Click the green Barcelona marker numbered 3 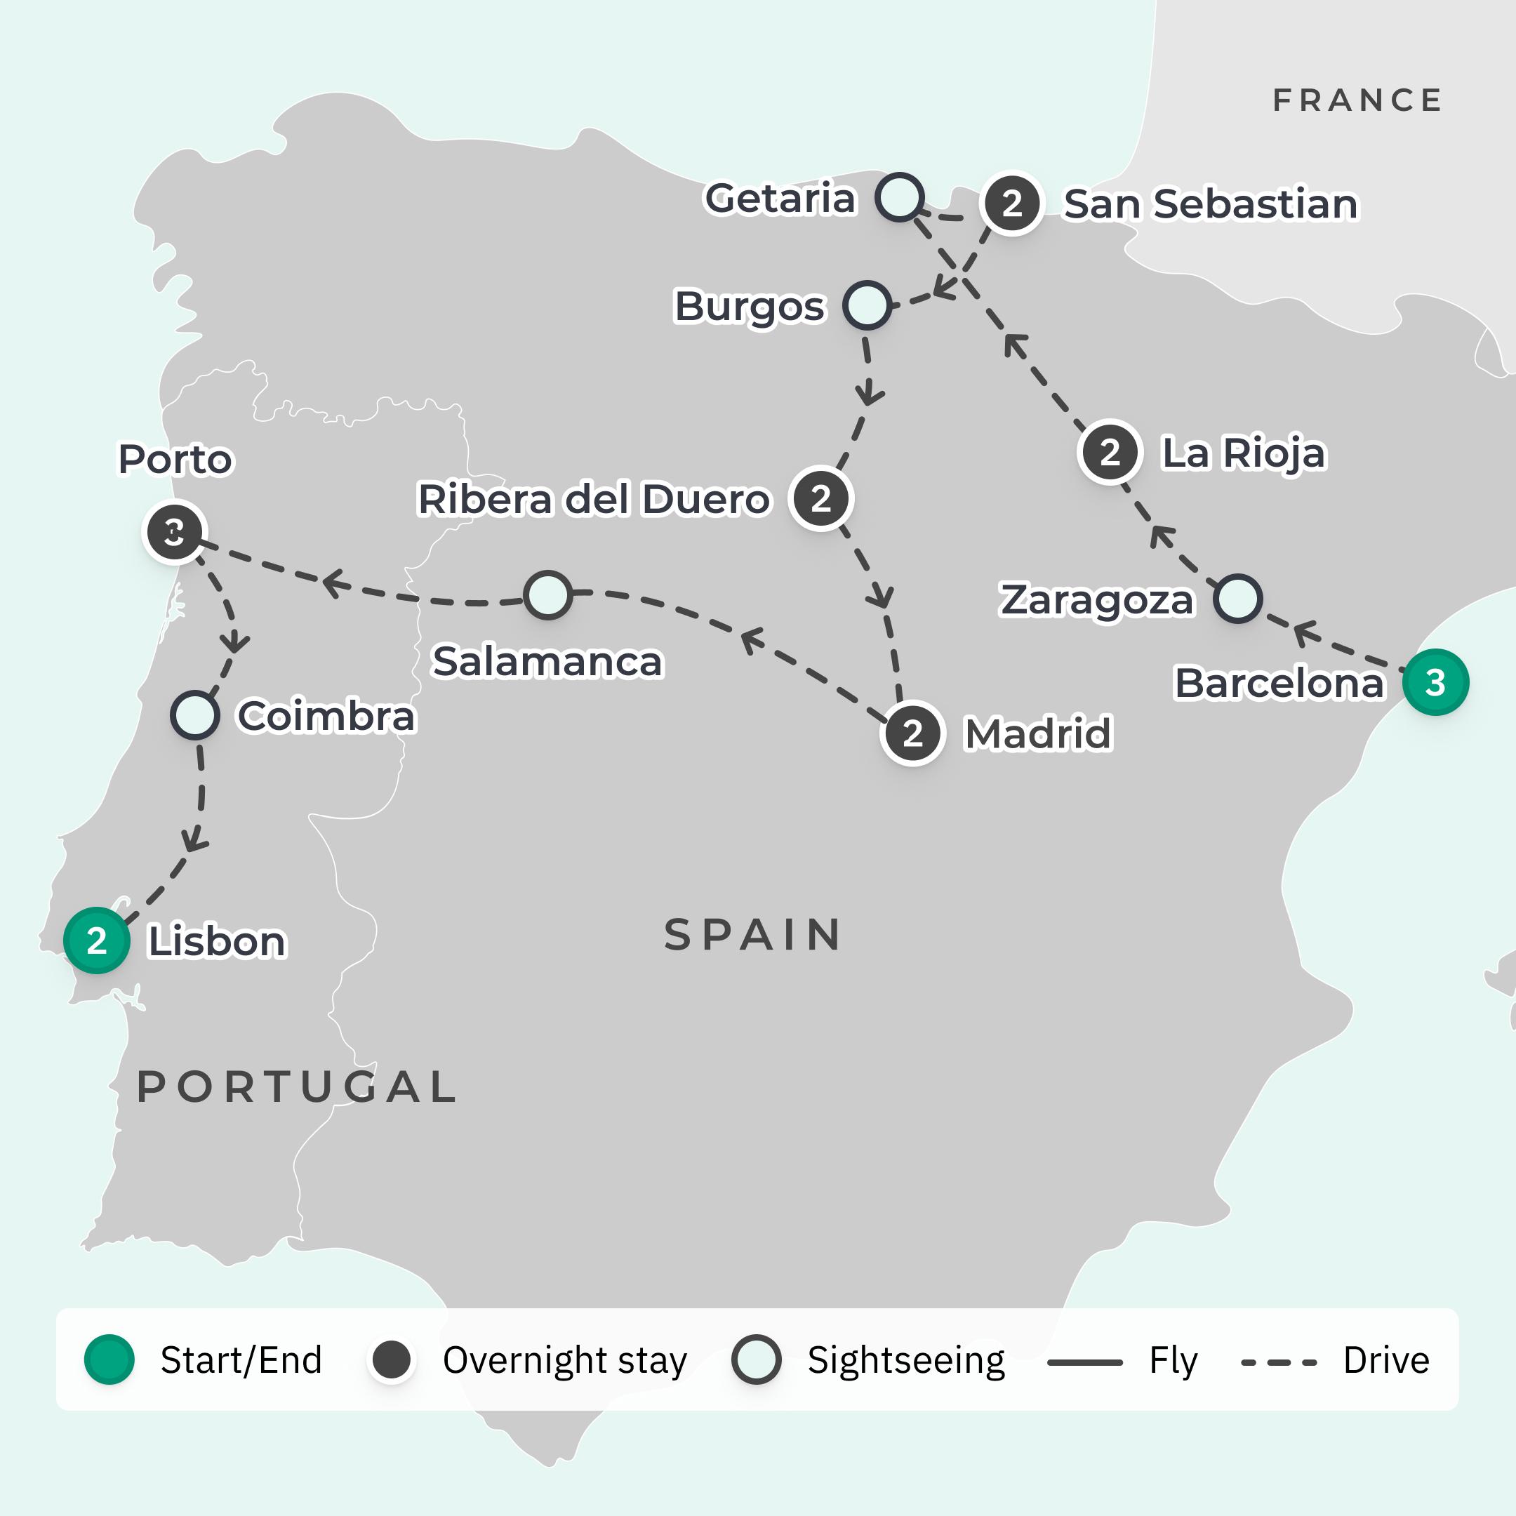(x=1435, y=682)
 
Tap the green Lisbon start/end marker (x=97, y=940)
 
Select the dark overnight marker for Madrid (x=912, y=733)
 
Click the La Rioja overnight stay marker (x=1109, y=452)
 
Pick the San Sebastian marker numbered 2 (x=1011, y=204)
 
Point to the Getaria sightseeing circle (x=898, y=197)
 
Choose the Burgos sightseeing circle (x=866, y=305)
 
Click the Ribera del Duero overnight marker (x=820, y=498)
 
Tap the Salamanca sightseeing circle (x=547, y=594)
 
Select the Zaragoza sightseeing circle (x=1237, y=599)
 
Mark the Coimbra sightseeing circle (x=194, y=715)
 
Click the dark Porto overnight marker (x=174, y=532)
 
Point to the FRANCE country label (x=1357, y=100)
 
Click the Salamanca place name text (x=547, y=660)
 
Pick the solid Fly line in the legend (x=1084, y=1362)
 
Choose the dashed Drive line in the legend (x=1278, y=1362)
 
